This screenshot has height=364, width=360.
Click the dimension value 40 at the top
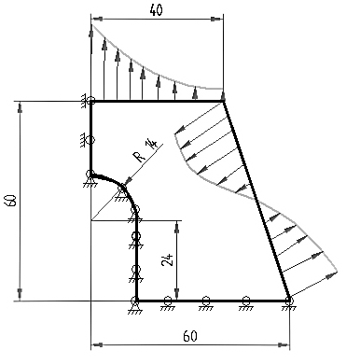click(156, 10)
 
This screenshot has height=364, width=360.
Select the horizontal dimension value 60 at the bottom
click(190, 336)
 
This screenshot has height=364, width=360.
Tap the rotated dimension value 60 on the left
click(11, 201)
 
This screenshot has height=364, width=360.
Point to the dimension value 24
click(167, 260)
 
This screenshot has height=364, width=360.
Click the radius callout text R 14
click(145, 151)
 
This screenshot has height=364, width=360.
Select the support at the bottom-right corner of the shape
click(289, 303)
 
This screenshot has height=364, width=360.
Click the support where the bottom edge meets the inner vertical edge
click(135, 305)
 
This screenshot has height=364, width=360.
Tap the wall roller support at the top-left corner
click(88, 102)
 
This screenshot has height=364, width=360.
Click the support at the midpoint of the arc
click(122, 193)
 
